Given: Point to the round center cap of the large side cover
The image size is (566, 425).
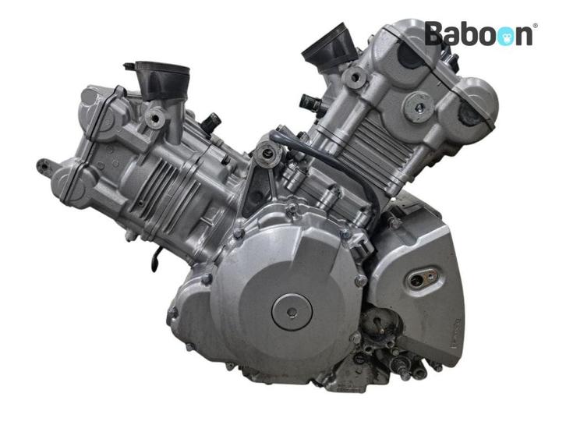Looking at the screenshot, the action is point(292,312).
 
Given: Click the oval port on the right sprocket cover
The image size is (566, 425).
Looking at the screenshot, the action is point(423,278).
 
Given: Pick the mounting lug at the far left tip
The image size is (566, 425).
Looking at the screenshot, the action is point(44,166).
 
